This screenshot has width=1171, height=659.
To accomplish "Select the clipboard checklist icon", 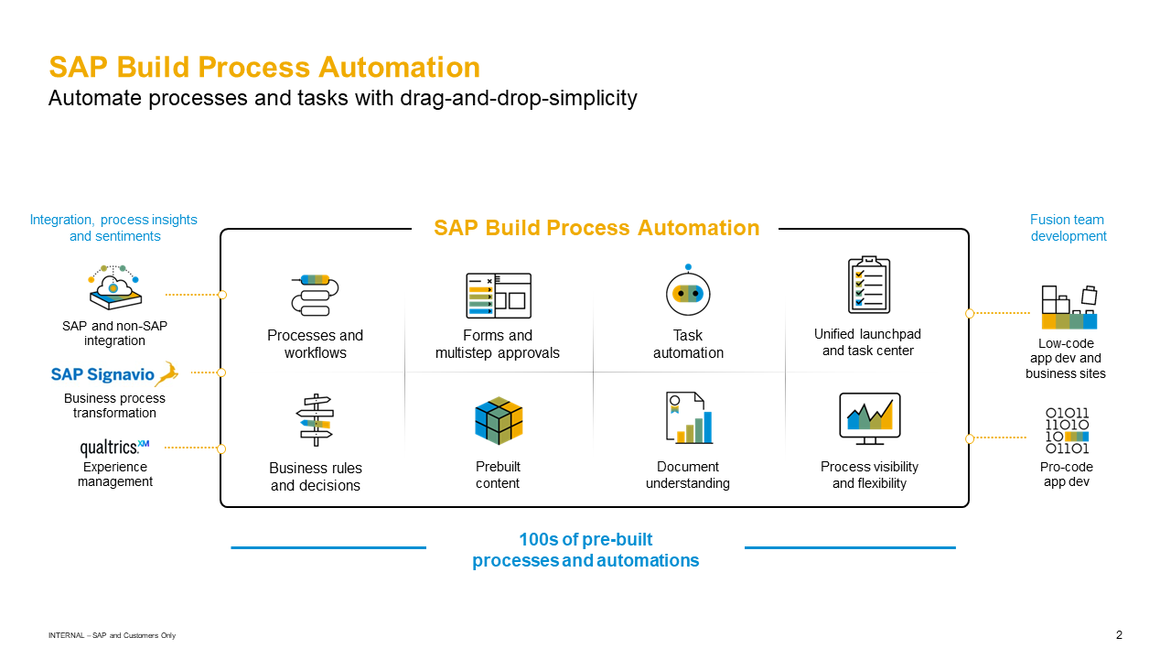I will click(868, 286).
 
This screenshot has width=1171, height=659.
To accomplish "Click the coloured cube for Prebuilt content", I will click(499, 421).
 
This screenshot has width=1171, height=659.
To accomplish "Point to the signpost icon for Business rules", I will click(315, 420).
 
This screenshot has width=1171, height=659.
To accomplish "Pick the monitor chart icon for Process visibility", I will click(869, 419).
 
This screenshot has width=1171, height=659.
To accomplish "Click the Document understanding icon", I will click(688, 418).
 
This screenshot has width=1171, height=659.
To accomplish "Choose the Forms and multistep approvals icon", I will click(498, 296).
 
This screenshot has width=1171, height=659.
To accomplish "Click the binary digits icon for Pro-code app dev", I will click(1067, 431).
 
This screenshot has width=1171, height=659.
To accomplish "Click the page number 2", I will click(1119, 635).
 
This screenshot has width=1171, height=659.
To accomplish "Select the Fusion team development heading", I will click(1068, 228).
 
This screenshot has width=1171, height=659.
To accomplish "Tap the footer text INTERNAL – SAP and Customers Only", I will click(112, 635).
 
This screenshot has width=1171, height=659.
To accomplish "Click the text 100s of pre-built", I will click(585, 539).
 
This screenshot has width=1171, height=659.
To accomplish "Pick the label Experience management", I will click(115, 474).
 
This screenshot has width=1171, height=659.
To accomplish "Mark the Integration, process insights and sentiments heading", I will click(113, 228).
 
